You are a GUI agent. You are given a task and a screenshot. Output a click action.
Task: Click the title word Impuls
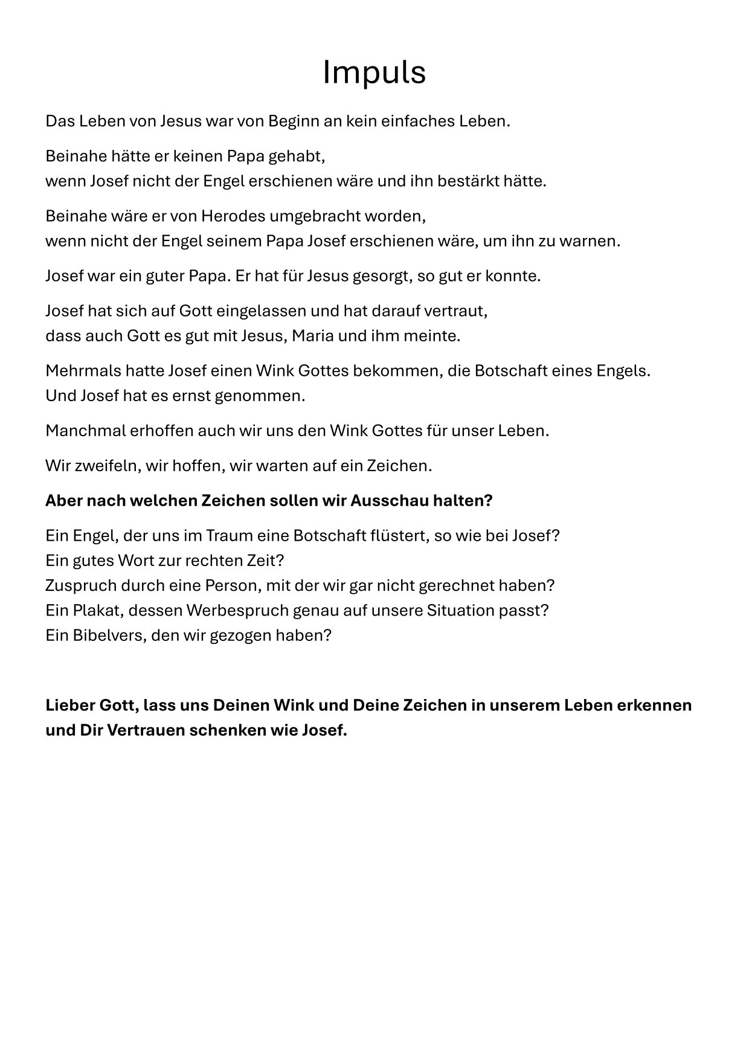[374, 72]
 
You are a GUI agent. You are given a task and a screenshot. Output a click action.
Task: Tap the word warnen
[589, 242]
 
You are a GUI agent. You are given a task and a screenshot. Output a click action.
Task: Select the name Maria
[312, 336]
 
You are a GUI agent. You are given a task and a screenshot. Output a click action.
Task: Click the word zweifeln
[99, 466]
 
